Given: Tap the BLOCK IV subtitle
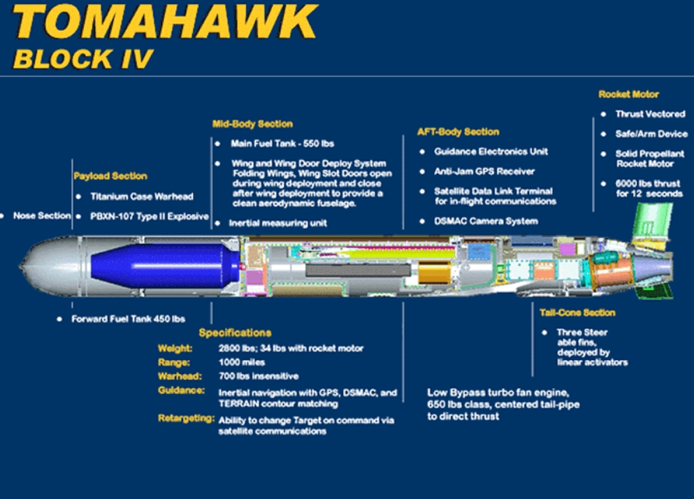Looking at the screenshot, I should (82, 59).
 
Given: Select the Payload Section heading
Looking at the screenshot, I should (110, 176).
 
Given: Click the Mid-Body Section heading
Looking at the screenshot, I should (252, 124).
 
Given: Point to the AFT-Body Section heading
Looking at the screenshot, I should (458, 131).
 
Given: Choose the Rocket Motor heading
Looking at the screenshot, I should (628, 94).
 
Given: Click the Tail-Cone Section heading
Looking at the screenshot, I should (577, 312).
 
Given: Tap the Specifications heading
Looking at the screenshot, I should (235, 333).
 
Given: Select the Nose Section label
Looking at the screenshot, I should (42, 216).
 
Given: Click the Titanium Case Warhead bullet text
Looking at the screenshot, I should (142, 196).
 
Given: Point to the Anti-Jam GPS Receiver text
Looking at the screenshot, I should (484, 171).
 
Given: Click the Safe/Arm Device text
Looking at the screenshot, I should (651, 133).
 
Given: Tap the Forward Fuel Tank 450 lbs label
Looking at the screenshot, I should (129, 319).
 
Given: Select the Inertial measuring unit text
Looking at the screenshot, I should (277, 223).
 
